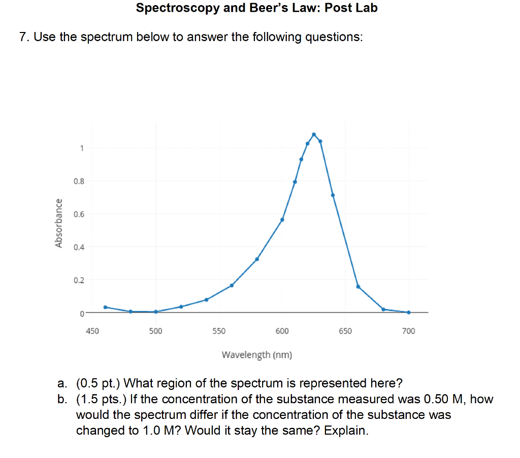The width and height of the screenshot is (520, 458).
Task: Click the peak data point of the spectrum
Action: point(314,134)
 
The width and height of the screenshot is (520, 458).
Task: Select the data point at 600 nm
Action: point(282,219)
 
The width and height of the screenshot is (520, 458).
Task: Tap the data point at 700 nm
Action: point(408,312)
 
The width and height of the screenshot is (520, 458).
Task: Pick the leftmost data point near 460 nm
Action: point(105,307)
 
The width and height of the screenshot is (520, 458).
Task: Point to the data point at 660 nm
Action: point(358,286)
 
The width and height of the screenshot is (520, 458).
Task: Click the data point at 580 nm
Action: point(257,259)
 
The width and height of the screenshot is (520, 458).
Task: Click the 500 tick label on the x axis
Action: point(155,331)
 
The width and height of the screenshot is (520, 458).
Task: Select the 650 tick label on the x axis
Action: point(345,331)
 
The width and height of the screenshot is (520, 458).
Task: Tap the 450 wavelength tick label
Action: point(92,331)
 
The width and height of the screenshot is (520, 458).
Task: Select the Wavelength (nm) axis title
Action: point(257,354)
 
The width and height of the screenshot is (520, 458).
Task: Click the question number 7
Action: point(22,38)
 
